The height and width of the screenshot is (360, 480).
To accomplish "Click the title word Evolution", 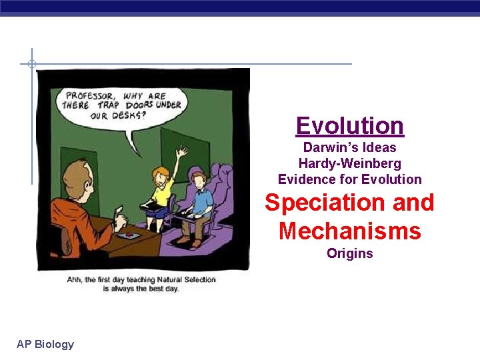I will (349, 125).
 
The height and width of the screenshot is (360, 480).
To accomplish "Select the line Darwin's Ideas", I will (349, 147).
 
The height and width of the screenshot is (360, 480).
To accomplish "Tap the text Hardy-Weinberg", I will (349, 163).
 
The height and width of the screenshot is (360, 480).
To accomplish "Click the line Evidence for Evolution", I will (349, 179).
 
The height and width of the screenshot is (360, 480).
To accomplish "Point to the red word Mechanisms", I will (349, 231).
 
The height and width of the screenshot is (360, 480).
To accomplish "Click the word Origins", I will (349, 253).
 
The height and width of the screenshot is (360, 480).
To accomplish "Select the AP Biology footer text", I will (45, 344).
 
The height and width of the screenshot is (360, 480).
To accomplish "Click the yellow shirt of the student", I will (162, 191).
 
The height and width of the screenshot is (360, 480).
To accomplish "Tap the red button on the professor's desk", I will (124, 235).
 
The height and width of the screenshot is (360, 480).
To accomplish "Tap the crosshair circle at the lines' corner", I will (31, 64).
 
